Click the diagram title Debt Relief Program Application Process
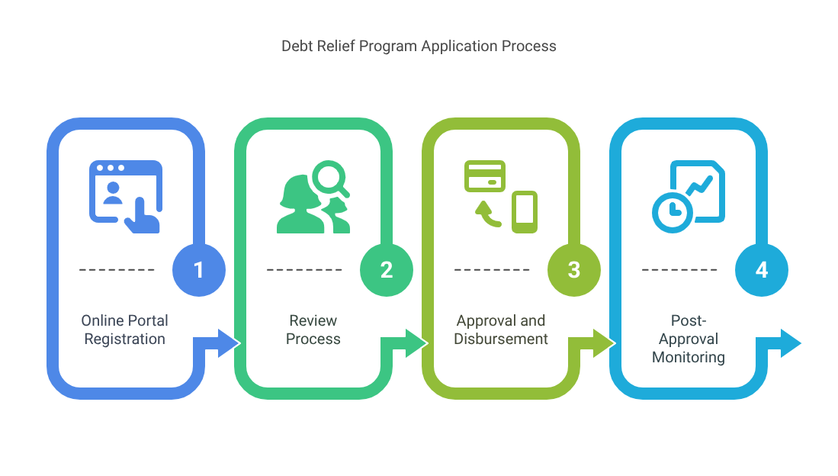click(419, 47)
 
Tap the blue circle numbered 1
click(199, 270)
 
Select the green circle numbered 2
click(387, 270)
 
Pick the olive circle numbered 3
click(574, 270)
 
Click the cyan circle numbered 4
click(762, 270)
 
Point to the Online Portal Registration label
click(124, 330)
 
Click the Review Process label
click(313, 330)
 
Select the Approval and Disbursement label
click(501, 330)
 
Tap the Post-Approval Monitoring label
click(689, 339)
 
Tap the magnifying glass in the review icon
click(330, 178)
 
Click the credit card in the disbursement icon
click(485, 176)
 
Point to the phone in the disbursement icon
click(525, 212)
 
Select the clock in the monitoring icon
click(673, 211)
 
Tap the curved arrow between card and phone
click(487, 214)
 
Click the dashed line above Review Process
click(304, 269)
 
